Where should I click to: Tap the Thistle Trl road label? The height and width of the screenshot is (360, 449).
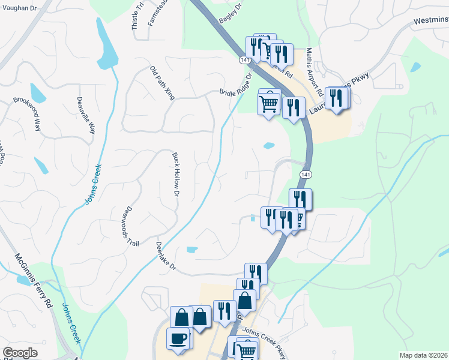point(137,15)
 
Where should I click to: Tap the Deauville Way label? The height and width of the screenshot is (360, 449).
point(85,115)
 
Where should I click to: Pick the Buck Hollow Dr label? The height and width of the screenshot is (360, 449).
point(176,175)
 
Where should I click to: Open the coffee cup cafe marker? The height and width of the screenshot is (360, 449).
point(178,338)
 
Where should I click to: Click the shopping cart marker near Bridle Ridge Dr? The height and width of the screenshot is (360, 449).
point(268,104)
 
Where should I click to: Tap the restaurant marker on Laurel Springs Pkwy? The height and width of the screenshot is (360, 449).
point(337,98)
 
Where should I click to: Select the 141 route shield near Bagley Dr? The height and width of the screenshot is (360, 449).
point(244,61)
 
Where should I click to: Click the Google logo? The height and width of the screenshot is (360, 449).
point(20,353)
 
